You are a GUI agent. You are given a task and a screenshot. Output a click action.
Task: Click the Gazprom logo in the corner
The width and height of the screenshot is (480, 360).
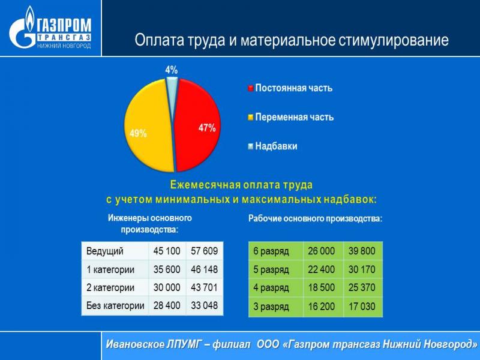(x=50, y=28)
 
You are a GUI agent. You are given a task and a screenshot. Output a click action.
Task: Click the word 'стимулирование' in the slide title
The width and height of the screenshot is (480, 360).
(x=394, y=40)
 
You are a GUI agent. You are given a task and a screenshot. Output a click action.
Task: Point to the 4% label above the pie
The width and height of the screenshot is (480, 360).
(x=172, y=70)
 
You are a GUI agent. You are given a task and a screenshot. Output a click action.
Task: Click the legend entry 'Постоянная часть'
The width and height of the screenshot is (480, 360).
(x=290, y=88)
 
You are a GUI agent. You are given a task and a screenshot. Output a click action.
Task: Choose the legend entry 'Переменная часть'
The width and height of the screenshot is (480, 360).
(x=291, y=117)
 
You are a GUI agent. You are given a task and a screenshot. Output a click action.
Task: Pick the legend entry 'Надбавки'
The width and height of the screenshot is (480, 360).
(x=272, y=146)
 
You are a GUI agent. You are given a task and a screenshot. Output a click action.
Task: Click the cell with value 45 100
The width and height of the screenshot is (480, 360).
(x=167, y=251)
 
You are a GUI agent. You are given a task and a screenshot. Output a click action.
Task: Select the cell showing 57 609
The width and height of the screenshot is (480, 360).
(x=205, y=251)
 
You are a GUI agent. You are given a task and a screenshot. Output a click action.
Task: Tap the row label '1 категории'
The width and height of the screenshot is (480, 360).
(x=110, y=269)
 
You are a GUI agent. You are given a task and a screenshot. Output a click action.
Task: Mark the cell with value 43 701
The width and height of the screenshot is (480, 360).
(x=205, y=287)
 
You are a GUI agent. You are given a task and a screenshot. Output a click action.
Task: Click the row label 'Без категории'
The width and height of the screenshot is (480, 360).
(x=115, y=305)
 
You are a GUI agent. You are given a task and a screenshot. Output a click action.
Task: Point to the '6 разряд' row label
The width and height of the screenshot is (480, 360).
(x=271, y=251)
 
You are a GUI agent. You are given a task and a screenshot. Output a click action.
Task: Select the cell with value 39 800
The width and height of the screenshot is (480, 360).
(x=362, y=251)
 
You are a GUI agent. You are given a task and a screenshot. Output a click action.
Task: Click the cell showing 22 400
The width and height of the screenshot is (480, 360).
(x=322, y=269)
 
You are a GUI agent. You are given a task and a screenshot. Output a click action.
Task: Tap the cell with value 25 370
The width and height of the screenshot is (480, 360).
(x=362, y=287)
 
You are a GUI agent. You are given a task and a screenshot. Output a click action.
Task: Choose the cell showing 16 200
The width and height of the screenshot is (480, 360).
(x=322, y=307)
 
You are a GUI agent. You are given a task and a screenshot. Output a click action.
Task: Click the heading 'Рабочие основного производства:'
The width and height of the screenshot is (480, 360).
(x=316, y=219)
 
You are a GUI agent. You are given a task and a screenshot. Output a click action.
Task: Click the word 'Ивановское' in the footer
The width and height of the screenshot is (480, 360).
(x=135, y=344)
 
